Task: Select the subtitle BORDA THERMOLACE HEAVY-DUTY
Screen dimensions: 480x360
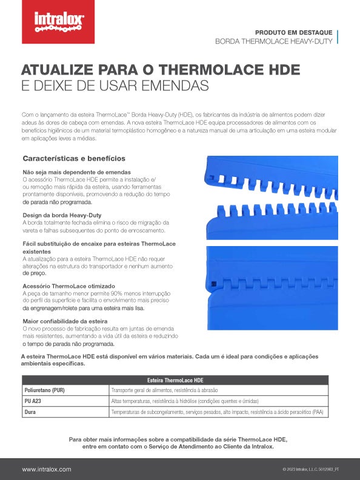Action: click(x=273, y=42)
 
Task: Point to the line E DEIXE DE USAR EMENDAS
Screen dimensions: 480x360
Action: click(x=115, y=85)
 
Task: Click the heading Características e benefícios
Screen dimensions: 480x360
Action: click(x=74, y=159)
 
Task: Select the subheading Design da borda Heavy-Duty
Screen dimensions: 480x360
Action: click(x=62, y=215)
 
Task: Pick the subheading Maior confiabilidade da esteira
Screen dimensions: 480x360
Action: click(x=65, y=321)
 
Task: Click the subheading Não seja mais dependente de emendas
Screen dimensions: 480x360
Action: click(x=76, y=173)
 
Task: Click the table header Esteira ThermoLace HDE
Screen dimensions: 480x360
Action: click(x=175, y=379)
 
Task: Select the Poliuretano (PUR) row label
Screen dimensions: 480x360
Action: click(x=44, y=390)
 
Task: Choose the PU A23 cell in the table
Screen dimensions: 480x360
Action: click(x=34, y=401)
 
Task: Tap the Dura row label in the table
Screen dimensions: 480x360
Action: click(x=30, y=412)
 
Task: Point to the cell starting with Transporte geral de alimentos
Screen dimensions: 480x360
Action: click(x=164, y=390)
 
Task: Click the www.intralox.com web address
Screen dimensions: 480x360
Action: click(x=47, y=469)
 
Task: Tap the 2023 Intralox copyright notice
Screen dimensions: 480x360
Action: click(x=310, y=470)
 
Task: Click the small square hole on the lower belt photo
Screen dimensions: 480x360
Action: click(x=214, y=284)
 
